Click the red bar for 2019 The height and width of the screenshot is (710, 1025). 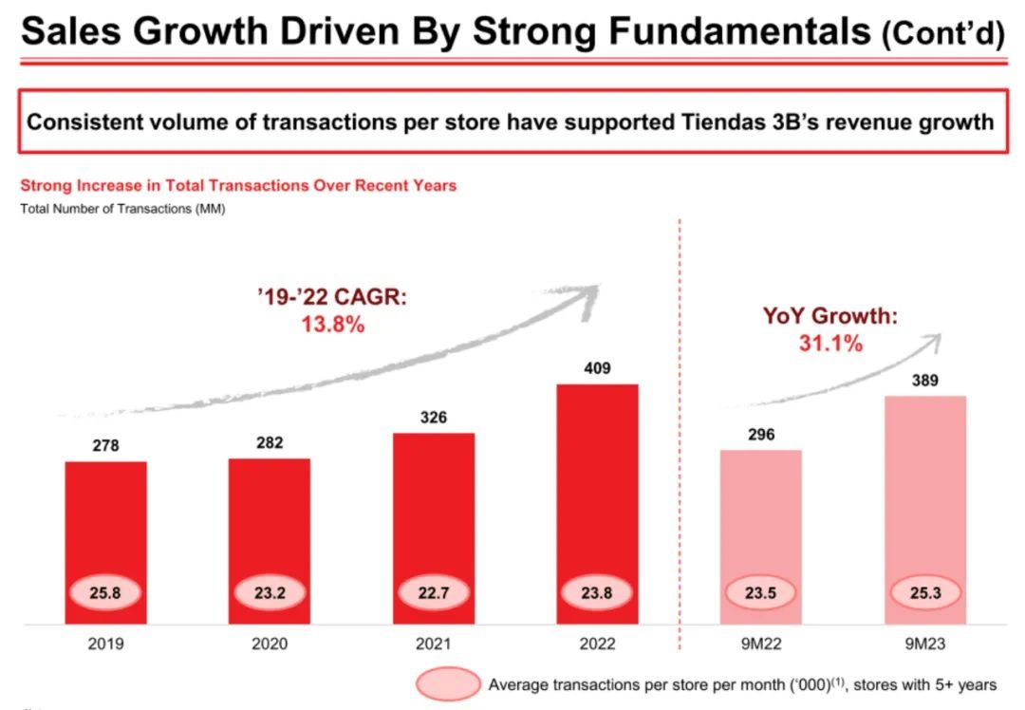105,522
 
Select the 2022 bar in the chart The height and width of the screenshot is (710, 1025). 597,475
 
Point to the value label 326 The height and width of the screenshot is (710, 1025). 433,418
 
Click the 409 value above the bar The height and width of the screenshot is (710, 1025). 597,368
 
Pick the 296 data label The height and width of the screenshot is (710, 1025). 761,435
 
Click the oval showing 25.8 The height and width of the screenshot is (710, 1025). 105,594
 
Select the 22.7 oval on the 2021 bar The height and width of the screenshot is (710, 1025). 433,594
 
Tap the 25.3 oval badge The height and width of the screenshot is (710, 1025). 925,594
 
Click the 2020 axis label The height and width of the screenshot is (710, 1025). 270,645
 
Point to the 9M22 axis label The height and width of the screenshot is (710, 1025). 761,645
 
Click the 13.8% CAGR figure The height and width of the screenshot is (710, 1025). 331,325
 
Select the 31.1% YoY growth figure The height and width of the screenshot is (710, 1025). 830,344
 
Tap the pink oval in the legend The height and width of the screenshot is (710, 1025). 448,683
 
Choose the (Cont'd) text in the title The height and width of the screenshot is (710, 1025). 941,35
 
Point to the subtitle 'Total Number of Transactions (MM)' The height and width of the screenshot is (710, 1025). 122,209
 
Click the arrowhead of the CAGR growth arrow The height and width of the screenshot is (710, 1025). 591,290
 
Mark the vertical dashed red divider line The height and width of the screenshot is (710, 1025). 680,427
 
